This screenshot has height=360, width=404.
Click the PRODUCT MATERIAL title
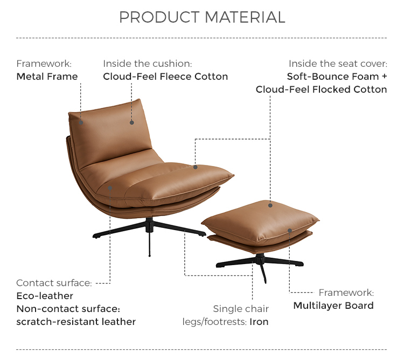[x=202, y=17]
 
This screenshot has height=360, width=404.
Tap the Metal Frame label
[x=47, y=77]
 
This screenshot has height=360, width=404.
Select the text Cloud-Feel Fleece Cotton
[x=165, y=77]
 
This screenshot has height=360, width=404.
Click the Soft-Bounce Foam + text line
[x=337, y=77]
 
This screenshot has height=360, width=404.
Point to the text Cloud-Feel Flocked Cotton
[x=321, y=89]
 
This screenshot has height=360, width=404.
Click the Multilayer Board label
[x=333, y=306]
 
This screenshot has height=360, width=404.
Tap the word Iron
[x=259, y=322]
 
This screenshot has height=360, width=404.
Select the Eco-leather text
[x=45, y=296]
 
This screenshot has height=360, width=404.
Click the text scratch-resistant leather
[x=76, y=322]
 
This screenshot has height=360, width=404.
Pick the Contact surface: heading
[x=54, y=283]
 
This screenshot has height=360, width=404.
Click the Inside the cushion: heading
[x=148, y=64]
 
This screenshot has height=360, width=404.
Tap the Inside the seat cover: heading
[x=338, y=64]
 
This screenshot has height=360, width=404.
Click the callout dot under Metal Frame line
[x=81, y=123]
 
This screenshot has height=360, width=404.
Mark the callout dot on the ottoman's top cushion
[x=270, y=205]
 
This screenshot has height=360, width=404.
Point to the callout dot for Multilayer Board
[x=290, y=231]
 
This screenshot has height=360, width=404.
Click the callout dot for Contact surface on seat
[x=110, y=188]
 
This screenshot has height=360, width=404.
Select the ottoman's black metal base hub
[x=260, y=259]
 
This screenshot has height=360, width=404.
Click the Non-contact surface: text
[x=68, y=309]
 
